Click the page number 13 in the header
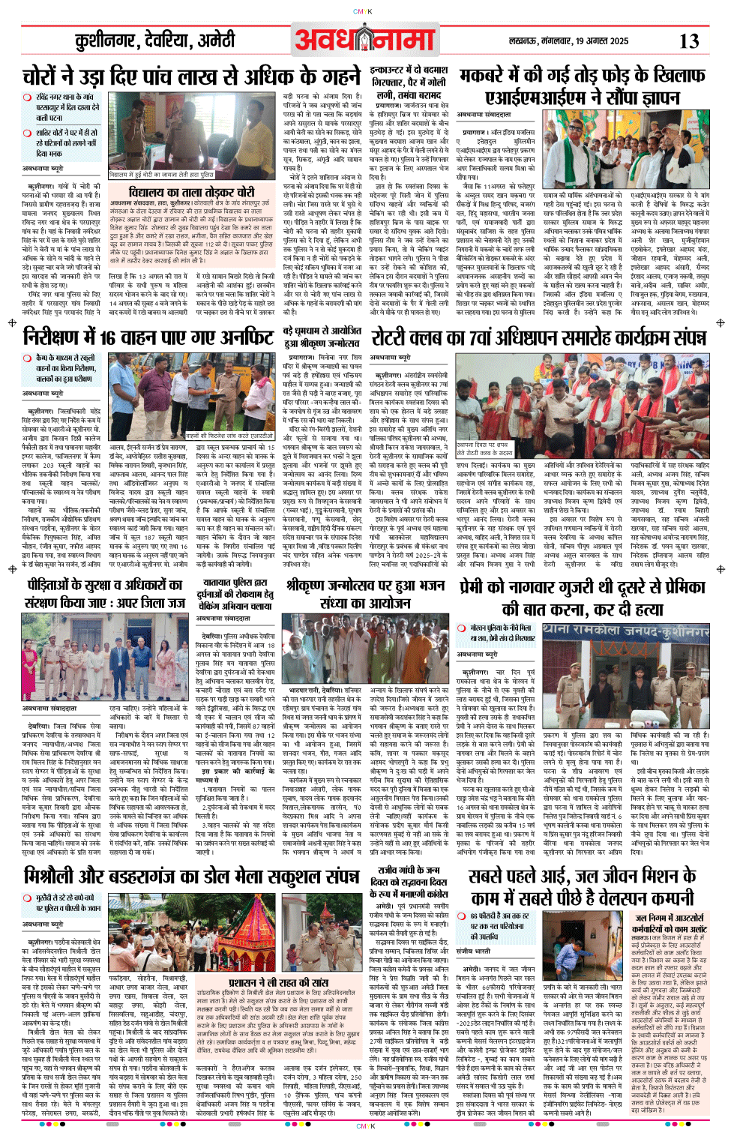coord(689,41)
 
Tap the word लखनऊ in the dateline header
coord(525,41)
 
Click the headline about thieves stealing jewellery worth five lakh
coord(191,76)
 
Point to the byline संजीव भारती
coord(473,952)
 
